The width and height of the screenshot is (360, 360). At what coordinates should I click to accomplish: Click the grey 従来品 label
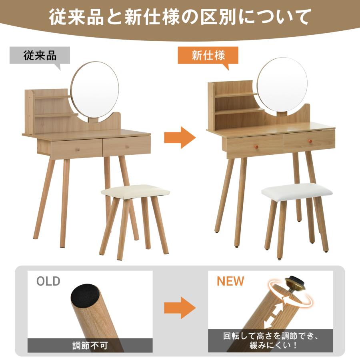(x=40, y=55)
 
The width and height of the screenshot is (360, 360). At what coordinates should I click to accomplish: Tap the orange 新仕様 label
(x=208, y=55)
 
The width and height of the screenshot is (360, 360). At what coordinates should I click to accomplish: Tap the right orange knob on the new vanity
(x=309, y=141)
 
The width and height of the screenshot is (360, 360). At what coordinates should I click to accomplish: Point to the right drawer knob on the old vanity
(x=127, y=147)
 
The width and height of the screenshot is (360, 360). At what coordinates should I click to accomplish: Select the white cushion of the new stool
(x=297, y=190)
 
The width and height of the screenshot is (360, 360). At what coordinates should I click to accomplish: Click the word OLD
(x=48, y=281)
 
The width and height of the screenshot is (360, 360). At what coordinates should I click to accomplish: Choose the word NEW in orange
(x=230, y=281)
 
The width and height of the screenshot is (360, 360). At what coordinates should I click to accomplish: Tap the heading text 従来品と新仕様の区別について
(x=180, y=17)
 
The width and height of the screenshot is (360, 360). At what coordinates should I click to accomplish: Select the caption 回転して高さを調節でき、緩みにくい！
(x=270, y=341)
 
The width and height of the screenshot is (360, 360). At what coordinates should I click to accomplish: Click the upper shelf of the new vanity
(x=236, y=95)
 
